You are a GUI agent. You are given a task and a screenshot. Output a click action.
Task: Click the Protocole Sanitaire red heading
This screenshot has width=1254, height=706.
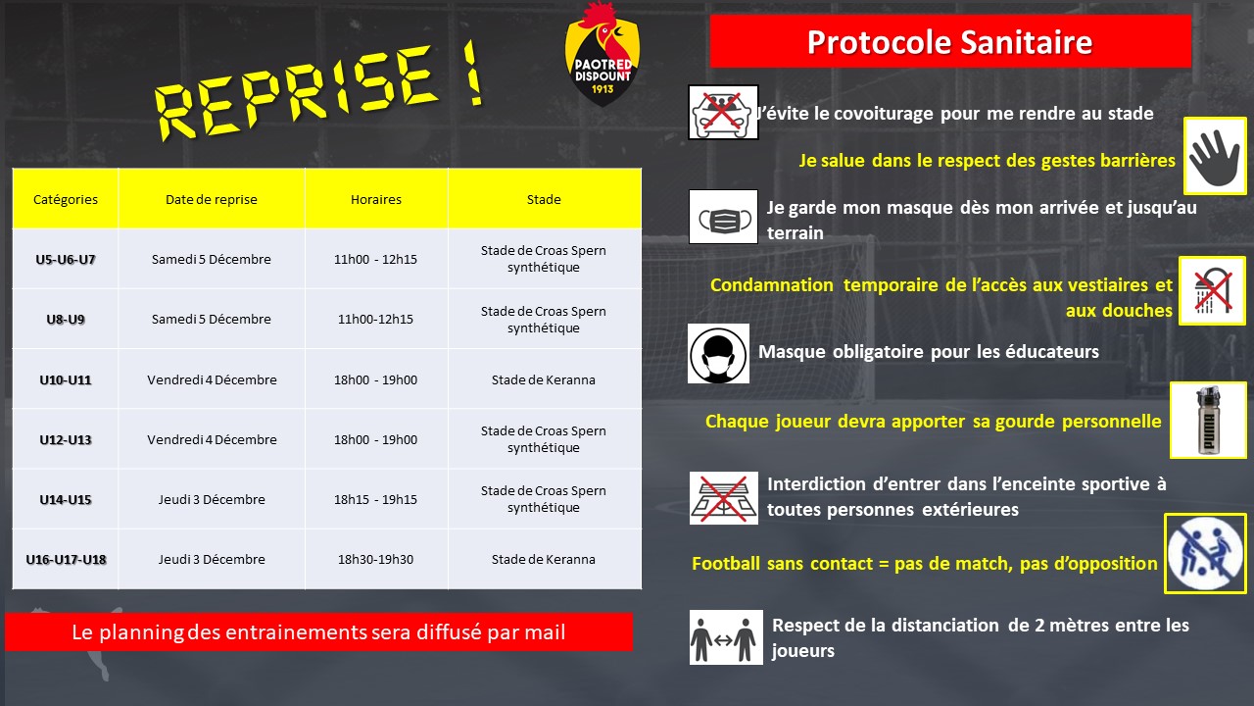(949, 42)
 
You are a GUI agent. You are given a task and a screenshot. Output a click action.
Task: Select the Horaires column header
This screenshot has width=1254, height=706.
(376, 199)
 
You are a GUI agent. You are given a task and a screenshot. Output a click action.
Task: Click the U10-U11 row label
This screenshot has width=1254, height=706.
(66, 379)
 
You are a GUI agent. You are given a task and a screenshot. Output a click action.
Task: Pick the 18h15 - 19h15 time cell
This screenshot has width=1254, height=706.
(376, 499)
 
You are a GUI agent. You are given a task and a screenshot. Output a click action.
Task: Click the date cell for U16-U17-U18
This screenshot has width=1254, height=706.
(212, 559)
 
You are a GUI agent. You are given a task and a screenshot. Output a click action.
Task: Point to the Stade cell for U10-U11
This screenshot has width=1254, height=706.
(544, 379)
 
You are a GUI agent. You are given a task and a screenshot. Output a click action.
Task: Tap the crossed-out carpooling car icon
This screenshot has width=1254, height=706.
(723, 111)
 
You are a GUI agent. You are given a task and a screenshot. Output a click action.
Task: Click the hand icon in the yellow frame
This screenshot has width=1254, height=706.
(1215, 156)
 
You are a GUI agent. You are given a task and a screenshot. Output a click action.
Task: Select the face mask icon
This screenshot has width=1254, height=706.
(723, 217)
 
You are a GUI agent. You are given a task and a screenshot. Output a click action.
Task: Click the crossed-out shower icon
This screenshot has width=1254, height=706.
(1213, 291)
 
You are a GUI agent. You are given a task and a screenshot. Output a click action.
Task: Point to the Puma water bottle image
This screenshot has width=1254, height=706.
(1208, 420)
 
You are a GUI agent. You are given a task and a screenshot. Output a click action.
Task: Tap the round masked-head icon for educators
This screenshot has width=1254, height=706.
(718, 353)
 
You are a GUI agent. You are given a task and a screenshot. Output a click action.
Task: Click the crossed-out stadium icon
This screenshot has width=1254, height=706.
(723, 496)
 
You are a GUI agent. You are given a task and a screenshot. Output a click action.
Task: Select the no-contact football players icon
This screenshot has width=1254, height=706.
(1206, 553)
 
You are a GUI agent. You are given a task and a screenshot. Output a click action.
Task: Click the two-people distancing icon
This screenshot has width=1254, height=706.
(725, 636)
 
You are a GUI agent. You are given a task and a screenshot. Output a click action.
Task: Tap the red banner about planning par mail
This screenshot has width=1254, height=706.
(318, 632)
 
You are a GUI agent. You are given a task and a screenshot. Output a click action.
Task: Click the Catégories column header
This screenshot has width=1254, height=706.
(66, 199)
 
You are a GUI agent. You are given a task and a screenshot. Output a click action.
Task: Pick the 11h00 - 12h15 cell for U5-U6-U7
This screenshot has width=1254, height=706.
(376, 259)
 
